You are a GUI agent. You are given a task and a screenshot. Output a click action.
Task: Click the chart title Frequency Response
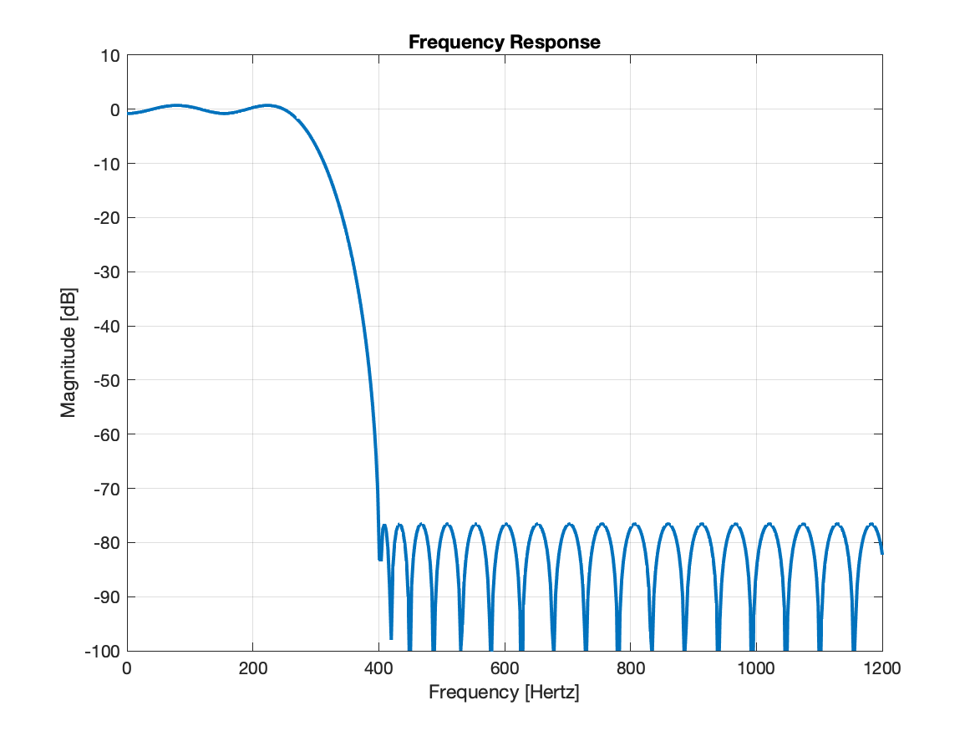(504, 42)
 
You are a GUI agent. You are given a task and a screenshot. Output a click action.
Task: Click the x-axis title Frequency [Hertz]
(504, 693)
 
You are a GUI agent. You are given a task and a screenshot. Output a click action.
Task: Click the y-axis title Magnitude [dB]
(69, 353)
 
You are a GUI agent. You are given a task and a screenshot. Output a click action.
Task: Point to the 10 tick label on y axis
(111, 56)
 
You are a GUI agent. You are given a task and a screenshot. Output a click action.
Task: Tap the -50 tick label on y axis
(106, 380)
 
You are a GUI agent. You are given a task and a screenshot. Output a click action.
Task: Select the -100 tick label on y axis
(103, 651)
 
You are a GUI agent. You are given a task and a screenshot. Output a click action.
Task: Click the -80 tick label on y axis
(106, 543)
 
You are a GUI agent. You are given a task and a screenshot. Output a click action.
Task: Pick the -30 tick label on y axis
(106, 272)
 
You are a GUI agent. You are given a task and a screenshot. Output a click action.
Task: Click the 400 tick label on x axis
(378, 668)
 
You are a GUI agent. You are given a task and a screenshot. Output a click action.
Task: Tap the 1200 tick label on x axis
(881, 668)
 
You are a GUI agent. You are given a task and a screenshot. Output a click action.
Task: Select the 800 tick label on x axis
(630, 668)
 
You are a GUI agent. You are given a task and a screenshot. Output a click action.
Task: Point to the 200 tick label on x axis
(252, 668)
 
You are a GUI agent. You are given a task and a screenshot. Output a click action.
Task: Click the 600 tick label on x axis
(505, 668)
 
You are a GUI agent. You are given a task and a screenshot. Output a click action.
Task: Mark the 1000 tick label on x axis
(756, 668)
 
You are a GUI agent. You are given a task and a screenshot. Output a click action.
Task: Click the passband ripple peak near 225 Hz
(268, 105)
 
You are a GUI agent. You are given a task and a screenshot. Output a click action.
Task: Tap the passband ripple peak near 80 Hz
(176, 105)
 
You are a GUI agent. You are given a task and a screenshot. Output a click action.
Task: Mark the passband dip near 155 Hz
(224, 113)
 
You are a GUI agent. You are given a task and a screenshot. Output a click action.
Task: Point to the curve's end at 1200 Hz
(881, 552)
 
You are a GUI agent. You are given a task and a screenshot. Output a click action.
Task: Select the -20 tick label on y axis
(106, 218)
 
